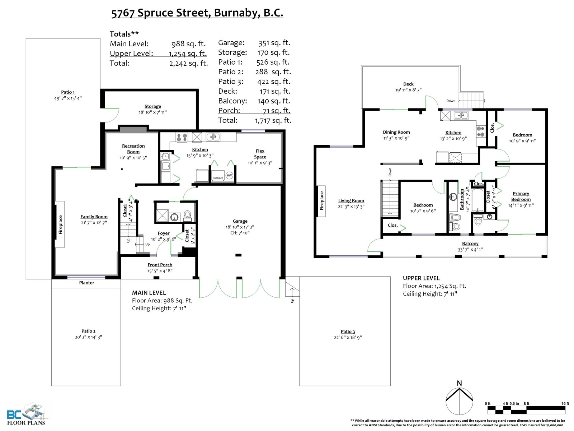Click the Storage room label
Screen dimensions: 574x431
[x=153, y=106]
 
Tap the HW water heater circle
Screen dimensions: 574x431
[x=229, y=175]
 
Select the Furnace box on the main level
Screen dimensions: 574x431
[x=218, y=175]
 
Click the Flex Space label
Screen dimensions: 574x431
[x=260, y=154]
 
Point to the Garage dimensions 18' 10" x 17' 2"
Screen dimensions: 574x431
[x=240, y=227]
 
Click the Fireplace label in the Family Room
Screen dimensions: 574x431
[x=60, y=224]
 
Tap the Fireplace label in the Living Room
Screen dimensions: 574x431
[x=322, y=201]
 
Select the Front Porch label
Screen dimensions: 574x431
[x=160, y=265]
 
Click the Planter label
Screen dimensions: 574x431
[x=86, y=283]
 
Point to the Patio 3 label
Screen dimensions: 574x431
[x=348, y=332]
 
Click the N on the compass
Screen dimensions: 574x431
[x=459, y=383]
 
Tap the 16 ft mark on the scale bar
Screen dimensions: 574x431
[x=565, y=403]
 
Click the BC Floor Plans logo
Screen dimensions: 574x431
[x=26, y=415]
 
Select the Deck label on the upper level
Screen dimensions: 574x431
[x=408, y=84]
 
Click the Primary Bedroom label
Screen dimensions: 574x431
[x=521, y=196]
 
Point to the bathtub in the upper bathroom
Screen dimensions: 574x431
[x=477, y=200]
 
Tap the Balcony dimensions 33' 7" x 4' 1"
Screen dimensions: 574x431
[x=470, y=250]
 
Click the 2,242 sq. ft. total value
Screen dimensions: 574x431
[x=189, y=63]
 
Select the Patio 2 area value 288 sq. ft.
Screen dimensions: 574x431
[x=273, y=72]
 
